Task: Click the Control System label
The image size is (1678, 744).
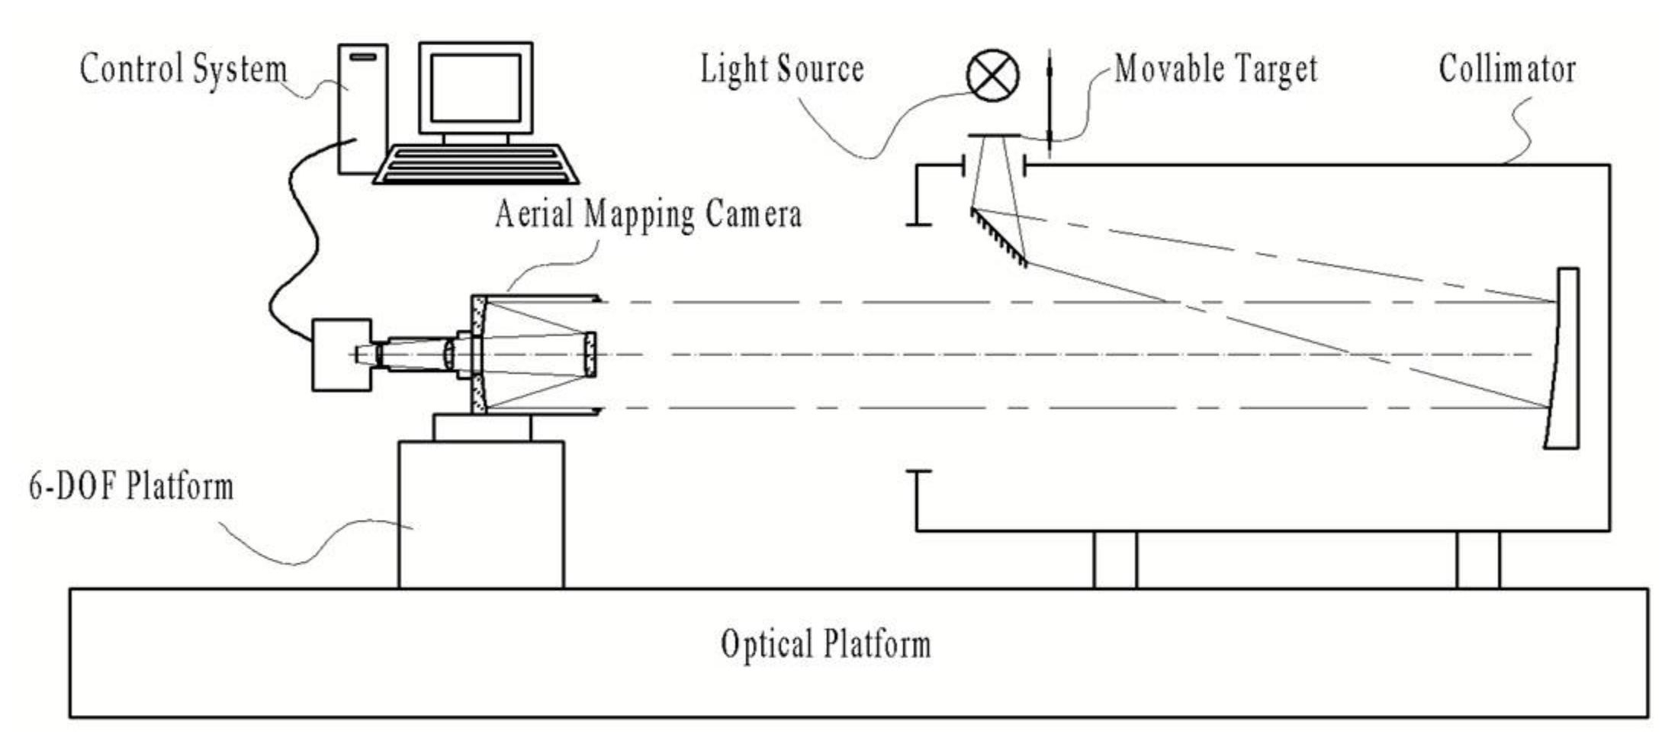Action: point(183,69)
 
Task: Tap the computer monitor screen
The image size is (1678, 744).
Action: point(475,88)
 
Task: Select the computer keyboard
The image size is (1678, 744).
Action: point(476,165)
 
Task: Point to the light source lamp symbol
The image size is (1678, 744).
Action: point(992,75)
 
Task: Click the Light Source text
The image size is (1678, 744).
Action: point(782,69)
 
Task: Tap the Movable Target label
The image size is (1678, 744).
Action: point(1216,69)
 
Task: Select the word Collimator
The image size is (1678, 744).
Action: point(1507,69)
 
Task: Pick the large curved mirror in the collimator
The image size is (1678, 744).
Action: point(1564,358)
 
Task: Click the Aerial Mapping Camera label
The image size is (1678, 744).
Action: point(648,214)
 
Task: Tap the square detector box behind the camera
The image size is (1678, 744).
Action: point(340,355)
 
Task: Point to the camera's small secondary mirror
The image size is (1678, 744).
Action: point(590,354)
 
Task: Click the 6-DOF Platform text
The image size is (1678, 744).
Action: point(131,486)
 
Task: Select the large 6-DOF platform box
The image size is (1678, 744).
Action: point(481,515)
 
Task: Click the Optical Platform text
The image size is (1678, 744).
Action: point(825,645)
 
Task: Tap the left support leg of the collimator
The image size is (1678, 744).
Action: point(1114,560)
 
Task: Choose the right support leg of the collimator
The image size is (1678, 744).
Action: point(1477,560)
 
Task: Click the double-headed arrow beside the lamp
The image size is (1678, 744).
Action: point(1050,103)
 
